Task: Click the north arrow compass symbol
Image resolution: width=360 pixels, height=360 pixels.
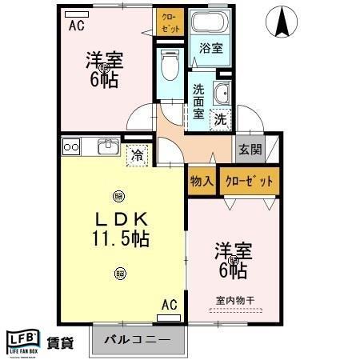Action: (x=282, y=20)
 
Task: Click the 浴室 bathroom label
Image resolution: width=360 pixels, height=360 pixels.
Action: (x=211, y=48)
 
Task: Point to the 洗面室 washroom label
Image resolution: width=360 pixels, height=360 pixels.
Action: (x=198, y=101)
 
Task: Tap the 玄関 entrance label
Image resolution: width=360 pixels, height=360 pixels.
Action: (x=246, y=149)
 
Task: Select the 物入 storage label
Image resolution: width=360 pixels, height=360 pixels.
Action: (x=202, y=182)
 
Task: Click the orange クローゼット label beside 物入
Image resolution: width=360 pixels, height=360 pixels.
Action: (x=249, y=182)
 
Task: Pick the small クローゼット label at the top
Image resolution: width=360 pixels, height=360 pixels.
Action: (x=172, y=22)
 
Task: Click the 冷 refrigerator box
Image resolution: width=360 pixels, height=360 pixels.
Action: (x=138, y=154)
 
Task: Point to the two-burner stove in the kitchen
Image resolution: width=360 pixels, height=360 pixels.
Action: (x=71, y=146)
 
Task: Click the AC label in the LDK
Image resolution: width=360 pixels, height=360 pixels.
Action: (x=169, y=304)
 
